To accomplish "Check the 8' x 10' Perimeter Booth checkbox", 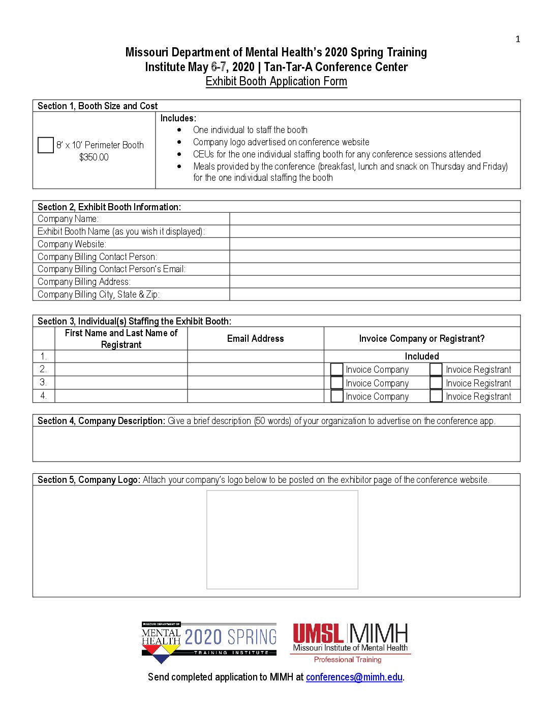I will point(46,145).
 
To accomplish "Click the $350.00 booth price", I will point(94,157).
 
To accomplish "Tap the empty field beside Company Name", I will point(375,219).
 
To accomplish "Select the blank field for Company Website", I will point(375,244).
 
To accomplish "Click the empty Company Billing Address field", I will point(375,282).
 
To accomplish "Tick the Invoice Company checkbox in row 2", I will point(337,369).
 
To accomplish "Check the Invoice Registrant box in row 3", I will point(436,383).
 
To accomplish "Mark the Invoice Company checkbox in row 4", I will point(337,396).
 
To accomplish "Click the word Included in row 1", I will point(422,356).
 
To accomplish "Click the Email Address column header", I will point(255,339).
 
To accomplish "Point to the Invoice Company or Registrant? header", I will point(422,339).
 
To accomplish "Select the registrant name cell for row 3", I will point(121,383).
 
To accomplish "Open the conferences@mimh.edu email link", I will point(354,677).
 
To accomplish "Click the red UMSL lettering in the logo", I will point(318,634).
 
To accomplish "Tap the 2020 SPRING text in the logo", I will point(231,637).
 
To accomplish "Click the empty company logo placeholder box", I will point(282,539).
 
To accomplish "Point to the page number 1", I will point(518,40).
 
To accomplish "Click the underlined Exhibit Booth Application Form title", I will point(276,81).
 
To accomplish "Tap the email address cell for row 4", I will point(255,396).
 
